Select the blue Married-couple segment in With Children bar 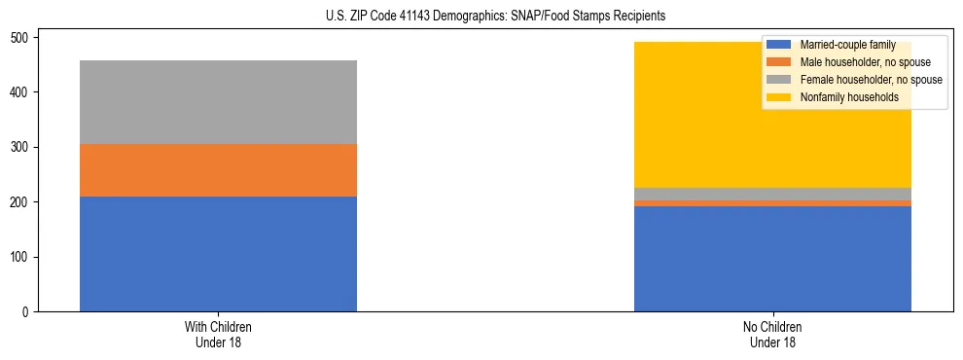tap(218, 254)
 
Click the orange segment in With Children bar tap(218, 170)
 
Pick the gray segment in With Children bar tap(218, 102)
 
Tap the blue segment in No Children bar tap(772, 259)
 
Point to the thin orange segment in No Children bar tap(772, 203)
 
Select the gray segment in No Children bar tap(772, 194)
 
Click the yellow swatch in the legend tap(779, 97)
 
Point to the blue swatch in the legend tap(779, 45)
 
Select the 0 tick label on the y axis tap(28, 312)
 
